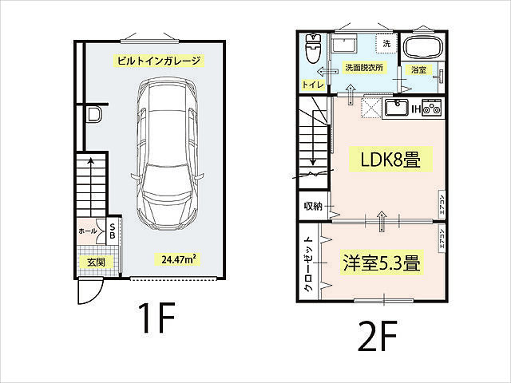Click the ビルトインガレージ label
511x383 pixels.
(156, 61)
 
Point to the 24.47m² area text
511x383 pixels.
(179, 259)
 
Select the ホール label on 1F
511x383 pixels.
(88, 231)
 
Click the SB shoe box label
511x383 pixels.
(113, 231)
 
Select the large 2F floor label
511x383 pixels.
(378, 338)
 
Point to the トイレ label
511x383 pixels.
(311, 85)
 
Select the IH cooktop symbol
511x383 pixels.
(429, 107)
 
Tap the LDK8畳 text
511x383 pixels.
(387, 159)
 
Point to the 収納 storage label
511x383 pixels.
(312, 207)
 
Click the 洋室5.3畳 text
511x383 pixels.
(382, 263)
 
